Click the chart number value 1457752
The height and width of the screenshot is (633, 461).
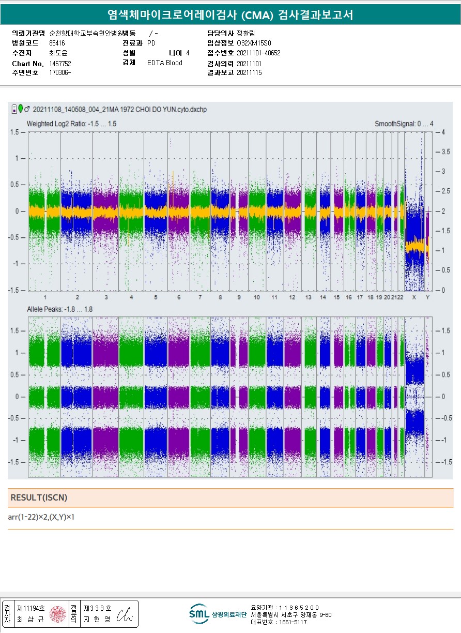point(60,63)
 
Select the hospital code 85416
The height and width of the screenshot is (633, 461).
point(57,43)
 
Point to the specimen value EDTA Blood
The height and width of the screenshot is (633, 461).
point(164,63)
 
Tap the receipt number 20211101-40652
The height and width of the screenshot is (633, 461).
point(258,53)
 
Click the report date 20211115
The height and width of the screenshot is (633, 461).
point(249,73)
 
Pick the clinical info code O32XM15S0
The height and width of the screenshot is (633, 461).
point(254,43)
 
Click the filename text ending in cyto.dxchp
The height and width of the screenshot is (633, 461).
point(119,110)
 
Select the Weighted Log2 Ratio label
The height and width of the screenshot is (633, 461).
point(71,124)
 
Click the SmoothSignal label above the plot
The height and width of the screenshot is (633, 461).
point(404,124)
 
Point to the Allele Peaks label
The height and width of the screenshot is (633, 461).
point(59,309)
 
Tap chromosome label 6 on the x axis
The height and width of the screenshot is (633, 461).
point(178,298)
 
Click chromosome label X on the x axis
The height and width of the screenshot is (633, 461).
point(414,298)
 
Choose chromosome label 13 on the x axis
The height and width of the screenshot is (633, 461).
point(308,298)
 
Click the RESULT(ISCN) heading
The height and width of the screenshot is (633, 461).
point(39,498)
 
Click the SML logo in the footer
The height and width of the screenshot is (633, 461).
point(199,614)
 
